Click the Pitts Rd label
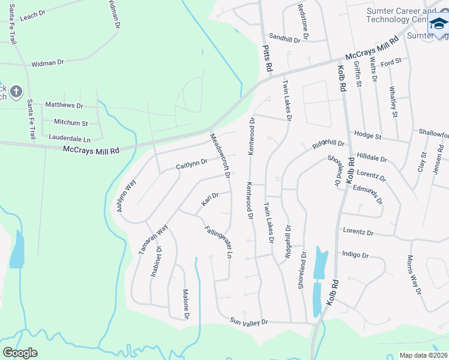(x=268, y=60)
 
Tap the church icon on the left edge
(x=16, y=92)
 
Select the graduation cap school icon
(x=438, y=25)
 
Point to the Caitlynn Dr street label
(x=191, y=163)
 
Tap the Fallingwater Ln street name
(x=217, y=242)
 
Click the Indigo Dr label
(x=355, y=255)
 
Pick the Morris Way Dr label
(x=415, y=275)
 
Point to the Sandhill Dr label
(x=284, y=37)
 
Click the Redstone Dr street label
(x=303, y=22)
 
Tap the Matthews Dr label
(x=64, y=105)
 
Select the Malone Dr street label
(x=186, y=304)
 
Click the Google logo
(x=20, y=352)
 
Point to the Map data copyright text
(x=423, y=355)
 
